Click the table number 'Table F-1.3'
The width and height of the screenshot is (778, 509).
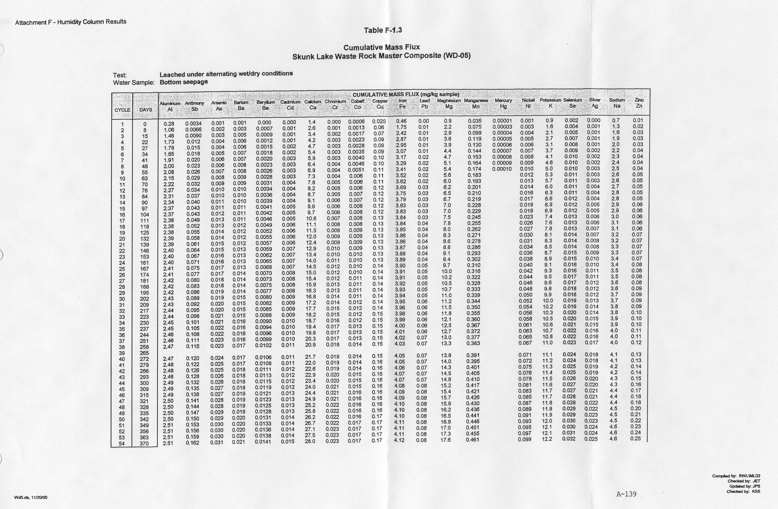click(x=382, y=30)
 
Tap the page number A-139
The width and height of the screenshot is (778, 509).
click(x=626, y=494)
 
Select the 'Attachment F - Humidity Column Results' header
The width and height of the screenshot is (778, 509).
click(x=71, y=22)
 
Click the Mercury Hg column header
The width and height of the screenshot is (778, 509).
click(x=503, y=103)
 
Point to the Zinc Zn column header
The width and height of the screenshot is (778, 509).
click(x=639, y=103)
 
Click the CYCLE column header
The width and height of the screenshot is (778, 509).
click(x=122, y=110)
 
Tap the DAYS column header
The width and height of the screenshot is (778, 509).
click(x=145, y=110)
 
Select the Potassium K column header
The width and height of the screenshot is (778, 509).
click(x=550, y=103)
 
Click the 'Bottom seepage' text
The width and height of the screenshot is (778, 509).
click(x=184, y=82)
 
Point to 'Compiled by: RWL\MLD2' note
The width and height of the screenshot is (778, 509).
click(x=736, y=476)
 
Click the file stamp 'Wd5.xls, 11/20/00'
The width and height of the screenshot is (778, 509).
click(x=31, y=498)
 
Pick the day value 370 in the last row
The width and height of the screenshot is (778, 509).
click(x=144, y=444)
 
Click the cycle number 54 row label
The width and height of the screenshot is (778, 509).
click(x=122, y=444)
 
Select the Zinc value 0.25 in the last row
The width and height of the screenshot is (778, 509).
click(x=635, y=439)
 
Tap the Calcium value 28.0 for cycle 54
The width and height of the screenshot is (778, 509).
click(x=310, y=441)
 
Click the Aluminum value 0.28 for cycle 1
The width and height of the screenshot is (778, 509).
click(x=169, y=124)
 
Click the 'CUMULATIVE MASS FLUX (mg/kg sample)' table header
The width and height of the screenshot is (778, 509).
click(x=406, y=94)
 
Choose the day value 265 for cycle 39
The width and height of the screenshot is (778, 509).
click(x=144, y=353)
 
